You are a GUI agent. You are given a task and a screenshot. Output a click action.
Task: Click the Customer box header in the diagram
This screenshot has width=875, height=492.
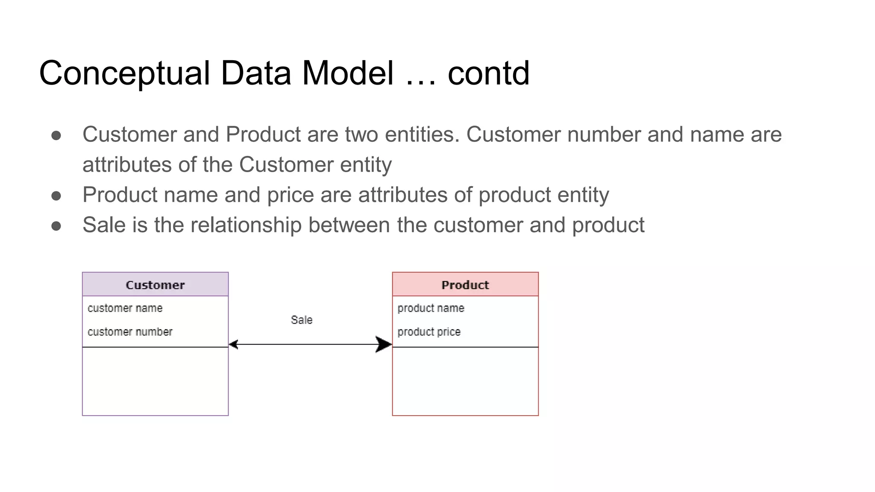point(155,285)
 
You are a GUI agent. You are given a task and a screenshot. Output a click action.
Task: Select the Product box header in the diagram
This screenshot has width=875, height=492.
point(465,285)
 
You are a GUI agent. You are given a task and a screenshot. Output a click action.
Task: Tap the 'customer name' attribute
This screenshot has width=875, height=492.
point(125,308)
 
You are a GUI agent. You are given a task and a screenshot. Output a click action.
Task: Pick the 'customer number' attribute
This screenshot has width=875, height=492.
point(130,332)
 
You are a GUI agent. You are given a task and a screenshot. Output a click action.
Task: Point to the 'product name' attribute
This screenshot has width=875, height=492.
point(431,308)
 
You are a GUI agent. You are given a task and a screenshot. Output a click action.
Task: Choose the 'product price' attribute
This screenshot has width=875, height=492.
point(429,332)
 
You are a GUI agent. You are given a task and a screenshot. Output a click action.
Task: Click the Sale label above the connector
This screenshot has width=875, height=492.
point(302,320)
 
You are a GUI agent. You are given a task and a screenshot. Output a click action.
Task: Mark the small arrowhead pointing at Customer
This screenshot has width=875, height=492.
point(233,344)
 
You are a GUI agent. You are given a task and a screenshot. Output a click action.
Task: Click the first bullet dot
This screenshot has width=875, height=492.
point(56,135)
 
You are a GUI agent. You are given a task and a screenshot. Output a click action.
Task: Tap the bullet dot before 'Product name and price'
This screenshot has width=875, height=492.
point(56,196)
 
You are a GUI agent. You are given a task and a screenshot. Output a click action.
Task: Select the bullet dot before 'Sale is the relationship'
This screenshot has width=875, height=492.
point(56,225)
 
